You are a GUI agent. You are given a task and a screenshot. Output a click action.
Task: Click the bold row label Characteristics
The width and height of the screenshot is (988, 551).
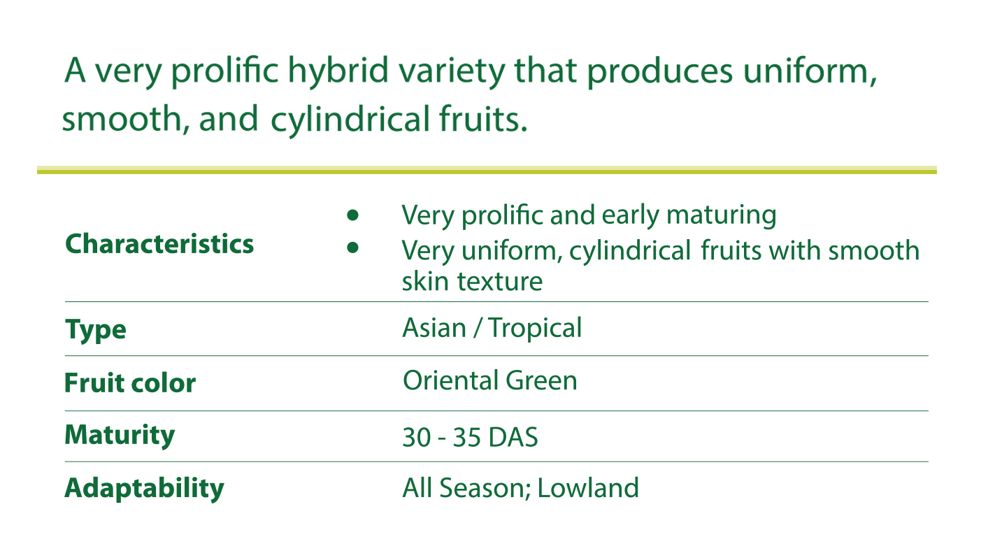[x=159, y=245]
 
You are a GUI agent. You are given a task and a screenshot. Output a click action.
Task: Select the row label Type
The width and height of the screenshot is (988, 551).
[x=96, y=329]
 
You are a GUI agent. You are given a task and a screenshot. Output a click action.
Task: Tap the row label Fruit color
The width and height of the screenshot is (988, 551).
[x=130, y=383]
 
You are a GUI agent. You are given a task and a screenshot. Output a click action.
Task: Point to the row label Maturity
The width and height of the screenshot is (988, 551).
[x=120, y=436]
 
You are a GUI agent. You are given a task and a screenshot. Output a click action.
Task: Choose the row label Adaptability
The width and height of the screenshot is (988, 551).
[x=145, y=488]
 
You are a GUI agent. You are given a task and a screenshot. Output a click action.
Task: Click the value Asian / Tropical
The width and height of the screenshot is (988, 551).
[x=492, y=328]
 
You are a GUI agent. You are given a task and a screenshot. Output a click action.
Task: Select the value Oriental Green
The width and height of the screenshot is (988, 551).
[x=490, y=381]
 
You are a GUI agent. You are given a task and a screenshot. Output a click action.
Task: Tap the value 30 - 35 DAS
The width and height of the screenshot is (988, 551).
[x=470, y=438]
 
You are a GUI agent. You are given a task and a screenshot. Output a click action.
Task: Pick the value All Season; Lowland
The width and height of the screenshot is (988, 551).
[x=520, y=488]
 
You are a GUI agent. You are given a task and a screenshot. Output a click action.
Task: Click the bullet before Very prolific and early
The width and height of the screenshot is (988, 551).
[x=353, y=215]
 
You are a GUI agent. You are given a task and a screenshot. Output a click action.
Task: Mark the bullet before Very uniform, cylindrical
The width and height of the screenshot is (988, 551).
[x=353, y=248]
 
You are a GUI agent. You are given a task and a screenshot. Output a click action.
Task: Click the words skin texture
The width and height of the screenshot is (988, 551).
[x=472, y=282]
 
